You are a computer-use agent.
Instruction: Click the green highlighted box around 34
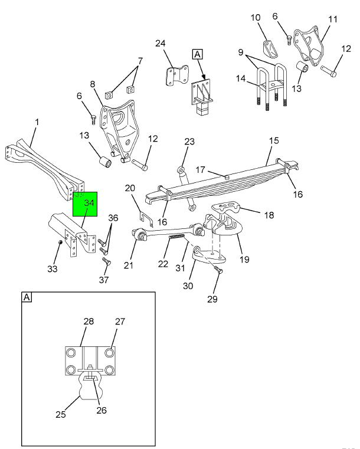(85, 204)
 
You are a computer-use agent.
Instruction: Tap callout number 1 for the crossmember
(37, 122)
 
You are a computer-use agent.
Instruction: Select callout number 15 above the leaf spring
(274, 140)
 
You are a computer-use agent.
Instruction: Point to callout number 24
(161, 43)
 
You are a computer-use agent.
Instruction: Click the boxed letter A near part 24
(198, 54)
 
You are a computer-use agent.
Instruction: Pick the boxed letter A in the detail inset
(27, 297)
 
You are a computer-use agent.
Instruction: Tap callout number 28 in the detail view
(89, 322)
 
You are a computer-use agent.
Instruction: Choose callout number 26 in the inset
(102, 410)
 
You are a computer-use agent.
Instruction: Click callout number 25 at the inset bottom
(61, 414)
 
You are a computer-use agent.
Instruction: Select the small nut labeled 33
(60, 243)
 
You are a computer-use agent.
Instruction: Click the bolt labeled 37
(107, 261)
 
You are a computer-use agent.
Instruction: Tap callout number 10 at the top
(256, 18)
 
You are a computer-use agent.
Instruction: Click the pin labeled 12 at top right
(329, 71)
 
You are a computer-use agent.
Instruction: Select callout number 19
(244, 260)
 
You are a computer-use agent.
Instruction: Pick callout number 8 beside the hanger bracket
(93, 84)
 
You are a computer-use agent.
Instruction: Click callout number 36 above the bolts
(113, 218)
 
